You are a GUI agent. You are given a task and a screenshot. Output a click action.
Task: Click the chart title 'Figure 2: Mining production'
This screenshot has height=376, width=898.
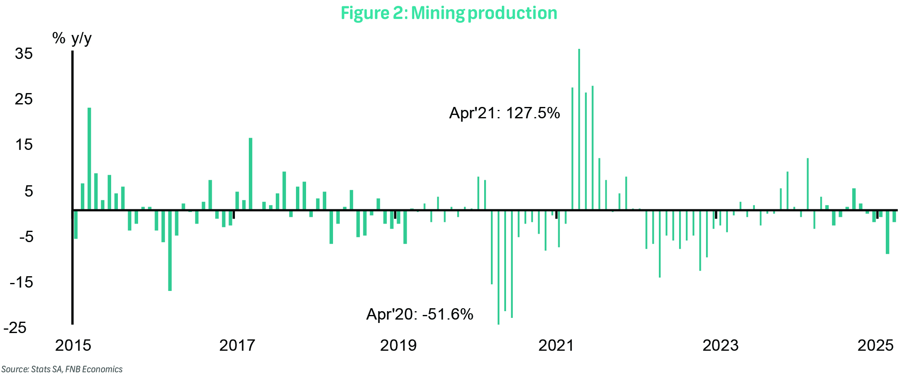449,13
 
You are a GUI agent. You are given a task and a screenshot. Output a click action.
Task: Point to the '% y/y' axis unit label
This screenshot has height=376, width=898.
72,38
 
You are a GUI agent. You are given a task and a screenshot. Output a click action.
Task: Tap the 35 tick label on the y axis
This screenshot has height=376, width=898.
24,53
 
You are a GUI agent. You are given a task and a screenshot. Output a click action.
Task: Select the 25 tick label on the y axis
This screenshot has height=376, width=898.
24,99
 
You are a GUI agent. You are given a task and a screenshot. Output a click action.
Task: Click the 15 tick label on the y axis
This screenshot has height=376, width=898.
24,145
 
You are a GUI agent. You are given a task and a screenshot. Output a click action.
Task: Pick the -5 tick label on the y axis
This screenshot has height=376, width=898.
26,237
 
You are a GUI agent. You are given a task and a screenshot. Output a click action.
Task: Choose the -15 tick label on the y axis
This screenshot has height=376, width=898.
21,282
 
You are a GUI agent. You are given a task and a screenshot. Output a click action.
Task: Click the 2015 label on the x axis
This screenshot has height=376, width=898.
73,345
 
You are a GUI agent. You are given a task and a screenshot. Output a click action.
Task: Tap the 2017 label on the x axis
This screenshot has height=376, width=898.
237,345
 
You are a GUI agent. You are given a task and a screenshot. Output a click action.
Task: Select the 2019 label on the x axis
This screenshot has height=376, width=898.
398,345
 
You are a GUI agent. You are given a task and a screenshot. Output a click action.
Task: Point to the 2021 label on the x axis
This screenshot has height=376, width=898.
556,345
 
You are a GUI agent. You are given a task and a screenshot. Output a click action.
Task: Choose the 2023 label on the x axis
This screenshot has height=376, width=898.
720,345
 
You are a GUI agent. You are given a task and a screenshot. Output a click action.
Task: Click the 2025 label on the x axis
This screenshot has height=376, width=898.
875,345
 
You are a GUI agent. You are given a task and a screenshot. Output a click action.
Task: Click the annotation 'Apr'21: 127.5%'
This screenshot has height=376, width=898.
504,113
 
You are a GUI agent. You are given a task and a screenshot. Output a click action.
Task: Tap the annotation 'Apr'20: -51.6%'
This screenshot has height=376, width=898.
420,314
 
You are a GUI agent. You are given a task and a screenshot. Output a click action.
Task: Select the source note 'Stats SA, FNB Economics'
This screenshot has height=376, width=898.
62,369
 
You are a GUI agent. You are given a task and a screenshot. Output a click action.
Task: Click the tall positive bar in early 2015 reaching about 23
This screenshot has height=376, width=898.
89,158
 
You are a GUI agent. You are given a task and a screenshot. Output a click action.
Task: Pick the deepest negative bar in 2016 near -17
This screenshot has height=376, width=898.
170,250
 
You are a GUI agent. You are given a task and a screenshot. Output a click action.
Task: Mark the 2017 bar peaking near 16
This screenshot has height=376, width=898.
250,173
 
